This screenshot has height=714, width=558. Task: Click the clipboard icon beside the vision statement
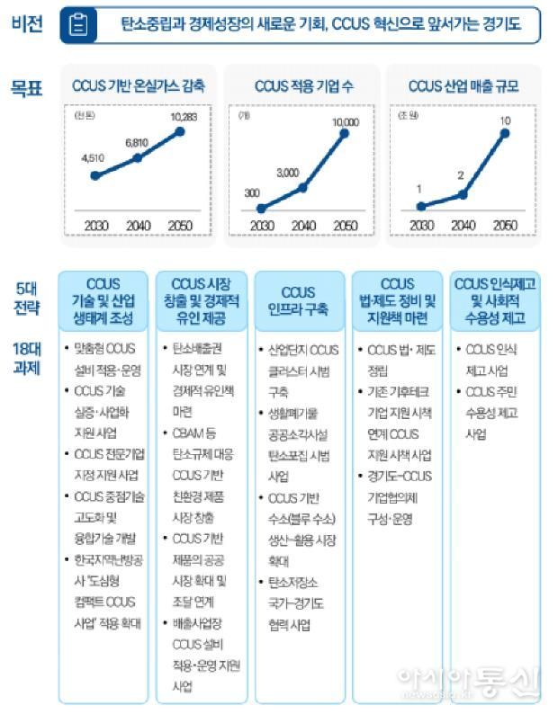(x=80, y=26)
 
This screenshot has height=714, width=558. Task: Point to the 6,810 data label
(x=138, y=142)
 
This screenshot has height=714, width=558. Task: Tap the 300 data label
(x=253, y=193)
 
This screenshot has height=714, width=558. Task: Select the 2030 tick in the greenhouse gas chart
(x=95, y=225)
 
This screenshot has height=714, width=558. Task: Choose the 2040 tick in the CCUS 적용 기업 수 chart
(x=302, y=225)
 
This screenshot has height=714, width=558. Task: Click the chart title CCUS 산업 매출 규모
(x=463, y=87)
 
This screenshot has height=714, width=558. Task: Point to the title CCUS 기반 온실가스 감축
(x=138, y=87)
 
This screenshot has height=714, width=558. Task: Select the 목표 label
(x=27, y=88)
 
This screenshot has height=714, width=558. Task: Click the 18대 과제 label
(x=27, y=357)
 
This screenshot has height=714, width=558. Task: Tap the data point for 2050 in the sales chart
(x=504, y=133)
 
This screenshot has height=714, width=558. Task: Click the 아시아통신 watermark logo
(x=468, y=683)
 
